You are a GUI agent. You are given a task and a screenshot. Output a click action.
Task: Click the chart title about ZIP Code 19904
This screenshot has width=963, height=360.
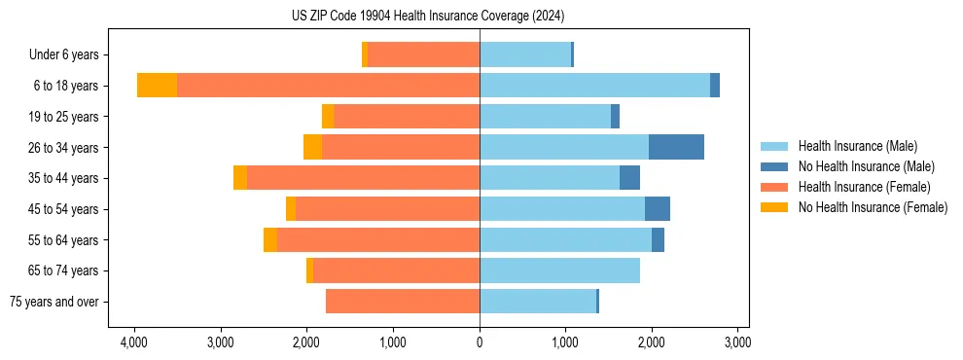(428, 17)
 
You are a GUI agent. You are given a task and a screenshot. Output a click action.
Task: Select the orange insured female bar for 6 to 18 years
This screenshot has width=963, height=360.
(328, 86)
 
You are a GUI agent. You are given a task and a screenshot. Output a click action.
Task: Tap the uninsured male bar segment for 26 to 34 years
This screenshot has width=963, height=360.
(676, 147)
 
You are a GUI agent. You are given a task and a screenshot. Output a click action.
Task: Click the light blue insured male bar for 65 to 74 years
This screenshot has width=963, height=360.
(559, 270)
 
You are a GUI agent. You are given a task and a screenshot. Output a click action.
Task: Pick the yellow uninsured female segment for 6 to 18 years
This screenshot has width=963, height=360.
(157, 86)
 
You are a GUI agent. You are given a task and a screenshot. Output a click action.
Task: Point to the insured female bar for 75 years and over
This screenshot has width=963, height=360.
(403, 302)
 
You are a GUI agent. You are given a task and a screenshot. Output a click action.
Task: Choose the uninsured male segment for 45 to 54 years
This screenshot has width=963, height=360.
(658, 209)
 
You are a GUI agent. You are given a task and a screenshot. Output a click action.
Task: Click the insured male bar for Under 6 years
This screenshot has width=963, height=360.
(525, 54)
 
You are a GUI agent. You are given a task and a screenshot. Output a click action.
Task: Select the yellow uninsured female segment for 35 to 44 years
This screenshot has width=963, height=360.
(240, 178)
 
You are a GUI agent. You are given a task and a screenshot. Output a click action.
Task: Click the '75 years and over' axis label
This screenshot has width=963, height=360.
(53, 303)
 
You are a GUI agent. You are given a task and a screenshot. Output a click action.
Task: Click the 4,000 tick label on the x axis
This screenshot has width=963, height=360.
(134, 342)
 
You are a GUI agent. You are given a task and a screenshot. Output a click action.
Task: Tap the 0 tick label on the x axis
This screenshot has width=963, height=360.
(480, 342)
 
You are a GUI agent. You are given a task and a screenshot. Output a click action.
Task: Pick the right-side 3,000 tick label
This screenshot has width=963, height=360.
(737, 342)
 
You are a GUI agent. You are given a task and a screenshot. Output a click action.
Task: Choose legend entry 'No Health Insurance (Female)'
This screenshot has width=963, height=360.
(873, 207)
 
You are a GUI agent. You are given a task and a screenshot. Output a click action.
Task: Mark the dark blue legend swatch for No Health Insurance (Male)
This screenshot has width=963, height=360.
(774, 166)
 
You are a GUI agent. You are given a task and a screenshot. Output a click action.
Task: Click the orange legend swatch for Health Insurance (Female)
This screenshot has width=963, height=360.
(774, 187)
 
